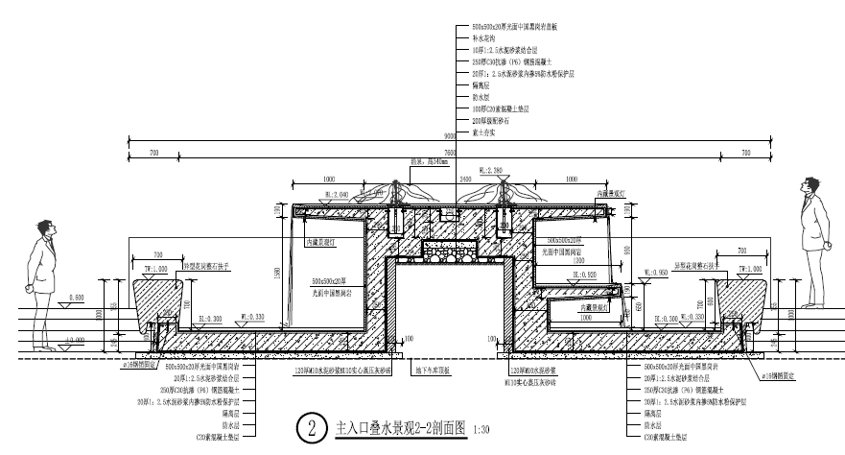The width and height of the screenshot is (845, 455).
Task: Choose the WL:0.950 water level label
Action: [656, 272]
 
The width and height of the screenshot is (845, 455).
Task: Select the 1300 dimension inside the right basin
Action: [578, 259]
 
